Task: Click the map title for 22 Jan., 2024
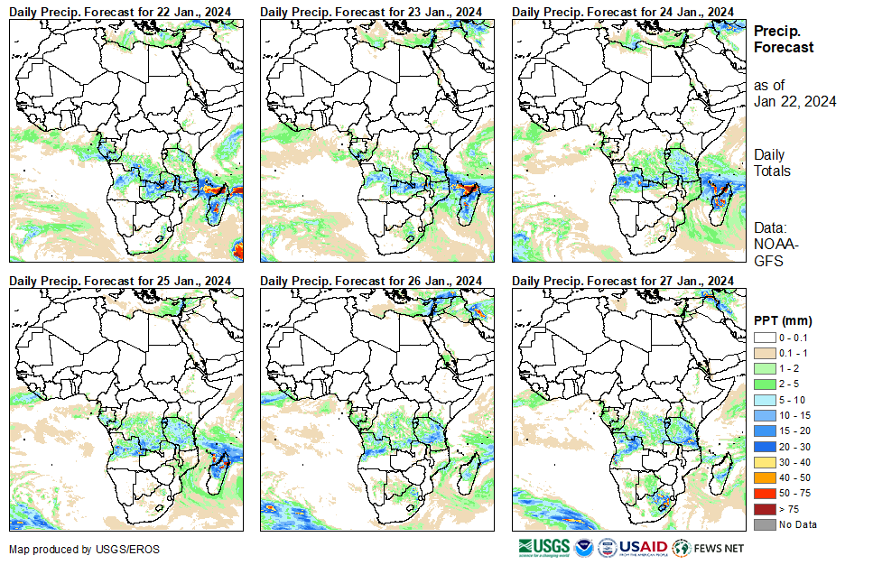pos(119,10)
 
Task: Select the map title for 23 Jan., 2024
pos(371,10)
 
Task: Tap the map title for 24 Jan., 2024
pos(622,10)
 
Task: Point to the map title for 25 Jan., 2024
pos(119,281)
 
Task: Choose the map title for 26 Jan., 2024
pos(371,281)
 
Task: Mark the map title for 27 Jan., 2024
pos(622,281)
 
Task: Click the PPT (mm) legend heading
pos(783,320)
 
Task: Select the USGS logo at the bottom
pos(543,548)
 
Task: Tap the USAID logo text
pos(643,548)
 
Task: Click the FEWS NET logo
pos(710,548)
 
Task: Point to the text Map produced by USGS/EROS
pos(62,550)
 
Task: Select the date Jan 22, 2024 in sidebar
pos(794,101)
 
